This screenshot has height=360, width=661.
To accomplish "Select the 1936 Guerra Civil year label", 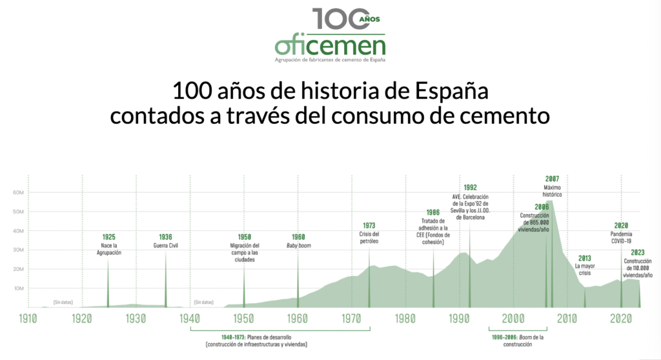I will point(165,237).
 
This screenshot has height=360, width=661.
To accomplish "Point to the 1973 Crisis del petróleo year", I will point(369,225).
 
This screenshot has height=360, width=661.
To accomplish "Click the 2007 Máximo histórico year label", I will point(552,179).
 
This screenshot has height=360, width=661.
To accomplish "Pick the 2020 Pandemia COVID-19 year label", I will point(620,225).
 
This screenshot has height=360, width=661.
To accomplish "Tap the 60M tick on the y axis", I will point(17,192).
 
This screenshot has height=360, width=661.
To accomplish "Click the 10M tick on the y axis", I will point(17,288).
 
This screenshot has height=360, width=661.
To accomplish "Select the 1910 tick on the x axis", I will point(27,318).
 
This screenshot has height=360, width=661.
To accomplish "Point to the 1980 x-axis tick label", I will point(405,318).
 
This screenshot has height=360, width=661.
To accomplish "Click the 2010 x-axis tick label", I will point(567,318).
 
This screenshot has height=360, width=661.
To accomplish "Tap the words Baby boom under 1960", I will point(298,245).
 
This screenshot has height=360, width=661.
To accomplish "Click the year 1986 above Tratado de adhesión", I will point(433,212).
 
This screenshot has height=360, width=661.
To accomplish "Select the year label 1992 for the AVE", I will point(470,188).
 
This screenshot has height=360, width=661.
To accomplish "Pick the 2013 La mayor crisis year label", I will point(584,258).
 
